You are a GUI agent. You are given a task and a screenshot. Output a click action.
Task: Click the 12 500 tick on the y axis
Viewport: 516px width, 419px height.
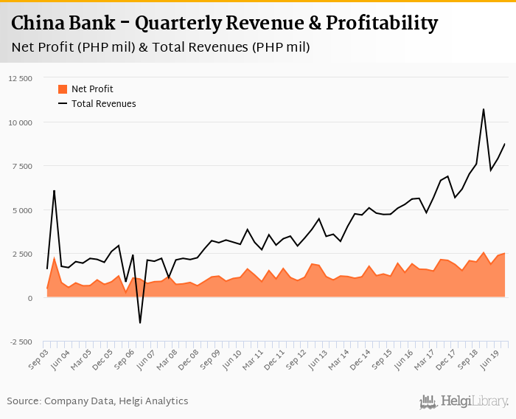21,78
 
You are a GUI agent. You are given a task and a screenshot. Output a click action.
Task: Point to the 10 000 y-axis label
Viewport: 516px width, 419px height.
21,122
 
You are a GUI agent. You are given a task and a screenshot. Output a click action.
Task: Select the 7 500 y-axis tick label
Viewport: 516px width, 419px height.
23,166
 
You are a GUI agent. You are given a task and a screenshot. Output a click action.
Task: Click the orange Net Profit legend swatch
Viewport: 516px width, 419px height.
62,89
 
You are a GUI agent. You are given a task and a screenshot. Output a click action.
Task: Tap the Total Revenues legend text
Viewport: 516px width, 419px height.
104,104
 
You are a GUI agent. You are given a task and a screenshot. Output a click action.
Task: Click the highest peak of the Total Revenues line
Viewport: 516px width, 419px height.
483,109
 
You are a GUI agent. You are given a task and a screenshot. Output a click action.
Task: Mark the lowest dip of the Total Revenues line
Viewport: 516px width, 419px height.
140,322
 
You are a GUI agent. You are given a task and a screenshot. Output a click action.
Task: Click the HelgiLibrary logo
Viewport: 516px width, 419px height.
464,401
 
